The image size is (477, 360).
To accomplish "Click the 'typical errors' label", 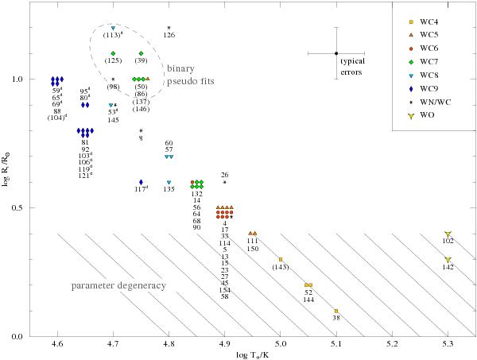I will (351, 66).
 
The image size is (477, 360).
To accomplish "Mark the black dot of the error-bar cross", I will (337, 54).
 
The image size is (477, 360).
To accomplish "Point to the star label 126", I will (169, 35).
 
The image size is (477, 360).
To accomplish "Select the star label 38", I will (336, 318).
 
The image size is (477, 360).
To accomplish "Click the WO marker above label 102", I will (448, 234).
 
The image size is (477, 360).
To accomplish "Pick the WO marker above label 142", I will (448, 260).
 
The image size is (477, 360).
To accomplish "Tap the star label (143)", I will (281, 267).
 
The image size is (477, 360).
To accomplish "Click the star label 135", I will (169, 189).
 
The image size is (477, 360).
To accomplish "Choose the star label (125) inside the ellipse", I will (113, 60).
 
